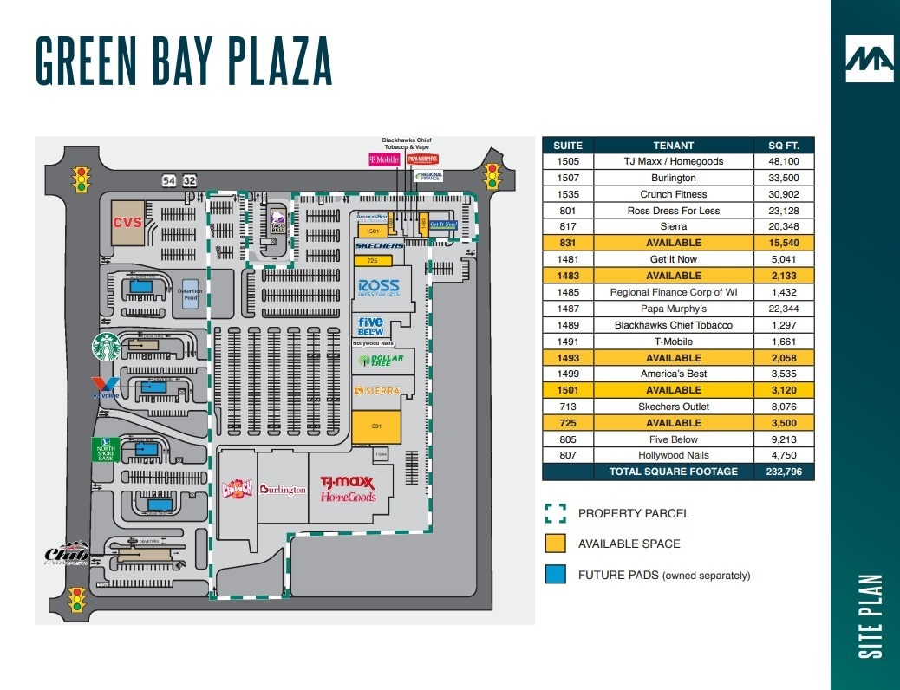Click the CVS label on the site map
pos(127,223)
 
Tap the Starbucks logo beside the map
pos(106,347)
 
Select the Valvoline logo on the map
pos(105,387)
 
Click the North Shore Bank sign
pos(105,449)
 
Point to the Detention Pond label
pos(189,295)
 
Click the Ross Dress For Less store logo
pos(379,287)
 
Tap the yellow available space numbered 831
pos(376,426)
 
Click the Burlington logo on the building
pos(282,490)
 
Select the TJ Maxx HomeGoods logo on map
pos(349,489)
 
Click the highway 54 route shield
pos(169,180)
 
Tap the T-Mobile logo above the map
pos(383,159)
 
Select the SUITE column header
pos(568,145)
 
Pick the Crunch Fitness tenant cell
pos(674,194)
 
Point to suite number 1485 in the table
pos(568,292)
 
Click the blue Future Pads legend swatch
pos(556,575)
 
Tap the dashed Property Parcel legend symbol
pos(556,513)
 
